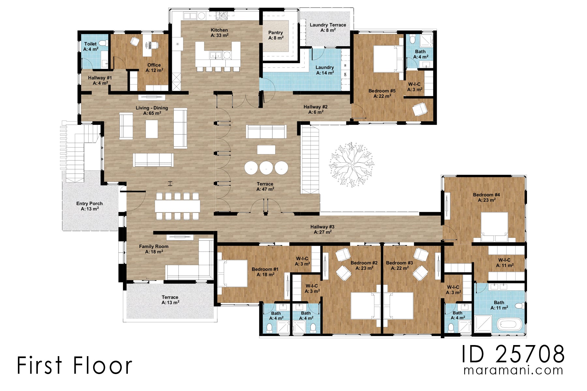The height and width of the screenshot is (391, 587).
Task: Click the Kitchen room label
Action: (x=219, y=33)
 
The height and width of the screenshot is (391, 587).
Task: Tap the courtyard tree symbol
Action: (x=352, y=164)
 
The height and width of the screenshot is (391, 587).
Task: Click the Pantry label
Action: (x=276, y=35)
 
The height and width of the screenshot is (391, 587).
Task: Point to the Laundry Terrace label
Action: (x=328, y=27)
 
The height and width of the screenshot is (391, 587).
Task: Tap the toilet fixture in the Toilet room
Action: (x=103, y=43)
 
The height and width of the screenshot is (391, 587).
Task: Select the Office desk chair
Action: (x=134, y=41)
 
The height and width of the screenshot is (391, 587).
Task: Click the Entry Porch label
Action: (x=89, y=206)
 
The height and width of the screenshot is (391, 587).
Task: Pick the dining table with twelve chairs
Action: (x=177, y=206)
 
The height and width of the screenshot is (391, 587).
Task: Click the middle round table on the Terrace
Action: (x=266, y=167)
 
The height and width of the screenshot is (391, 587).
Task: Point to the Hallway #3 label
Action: (x=322, y=229)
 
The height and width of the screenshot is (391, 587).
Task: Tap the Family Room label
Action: (x=154, y=249)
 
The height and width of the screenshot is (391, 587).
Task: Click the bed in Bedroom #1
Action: (x=233, y=273)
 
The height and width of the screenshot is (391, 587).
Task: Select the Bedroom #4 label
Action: (x=486, y=197)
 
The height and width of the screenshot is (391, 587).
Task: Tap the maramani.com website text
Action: (x=513, y=370)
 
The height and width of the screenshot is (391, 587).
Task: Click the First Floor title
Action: (x=74, y=365)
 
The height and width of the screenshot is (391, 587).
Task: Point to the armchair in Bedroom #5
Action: (x=420, y=109)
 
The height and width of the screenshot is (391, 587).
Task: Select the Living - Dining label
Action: (x=152, y=110)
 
